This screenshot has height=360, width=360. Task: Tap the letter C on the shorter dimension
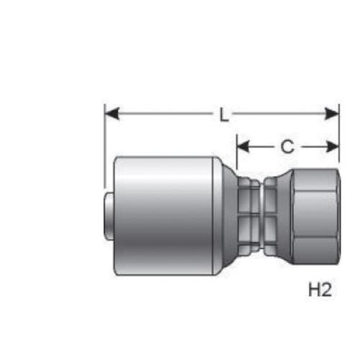coord(287,147)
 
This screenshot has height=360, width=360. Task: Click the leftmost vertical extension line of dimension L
coord(105,144)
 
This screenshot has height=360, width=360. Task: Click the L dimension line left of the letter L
coord(166,113)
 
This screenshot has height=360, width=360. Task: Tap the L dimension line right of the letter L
coord(281,113)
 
